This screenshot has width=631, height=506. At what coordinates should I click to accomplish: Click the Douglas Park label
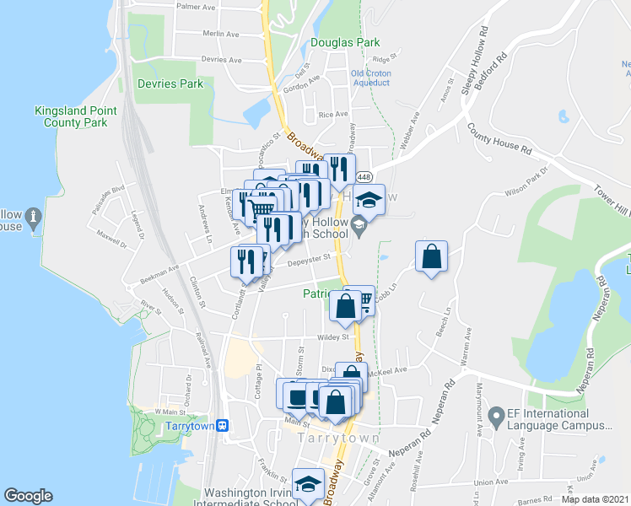coord(345,42)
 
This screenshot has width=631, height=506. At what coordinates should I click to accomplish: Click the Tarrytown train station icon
coord(223,426)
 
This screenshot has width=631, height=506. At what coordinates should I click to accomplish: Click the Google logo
coord(28,496)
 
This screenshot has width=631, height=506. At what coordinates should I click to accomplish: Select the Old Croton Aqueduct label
coord(371,78)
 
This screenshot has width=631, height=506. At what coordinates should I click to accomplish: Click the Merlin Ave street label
coord(222,34)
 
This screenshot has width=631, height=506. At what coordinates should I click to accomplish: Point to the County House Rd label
coord(500,138)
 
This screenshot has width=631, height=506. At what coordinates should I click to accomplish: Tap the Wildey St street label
coord(333,337)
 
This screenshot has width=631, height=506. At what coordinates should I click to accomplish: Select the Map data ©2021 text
coord(595,498)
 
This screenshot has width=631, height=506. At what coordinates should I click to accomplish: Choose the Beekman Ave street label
coord(160,272)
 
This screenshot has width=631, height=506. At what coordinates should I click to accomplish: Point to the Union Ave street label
coord(489,482)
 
